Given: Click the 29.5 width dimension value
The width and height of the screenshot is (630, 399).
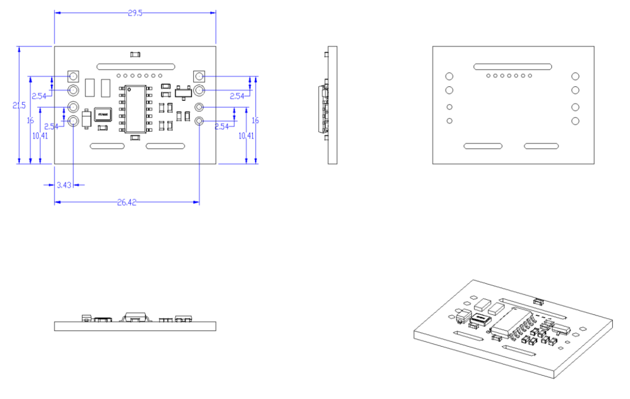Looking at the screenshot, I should (x=135, y=13).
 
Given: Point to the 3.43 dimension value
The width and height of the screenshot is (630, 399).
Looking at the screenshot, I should (x=64, y=185).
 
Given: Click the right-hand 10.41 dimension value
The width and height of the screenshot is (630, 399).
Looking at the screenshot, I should (x=246, y=136).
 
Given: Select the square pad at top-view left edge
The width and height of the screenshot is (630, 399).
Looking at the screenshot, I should (x=73, y=76).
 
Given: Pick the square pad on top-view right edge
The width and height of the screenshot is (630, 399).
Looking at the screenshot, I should (x=199, y=76).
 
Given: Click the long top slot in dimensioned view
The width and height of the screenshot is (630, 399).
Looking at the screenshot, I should (x=135, y=66).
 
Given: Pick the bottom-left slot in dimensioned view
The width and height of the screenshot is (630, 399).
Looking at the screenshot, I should (x=107, y=146).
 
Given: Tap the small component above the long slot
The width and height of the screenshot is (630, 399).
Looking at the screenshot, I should (x=136, y=54).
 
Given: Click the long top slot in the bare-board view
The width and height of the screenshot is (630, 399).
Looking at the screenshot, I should (x=512, y=66).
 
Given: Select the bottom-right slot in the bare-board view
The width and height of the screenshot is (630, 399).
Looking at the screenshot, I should (x=541, y=146).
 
